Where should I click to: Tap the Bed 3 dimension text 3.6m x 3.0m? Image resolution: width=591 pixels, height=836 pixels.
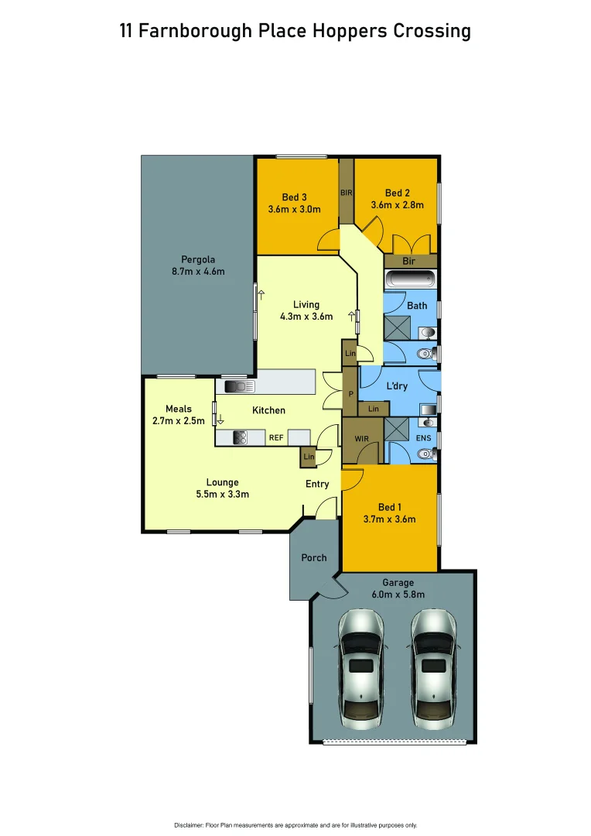pos(294,209)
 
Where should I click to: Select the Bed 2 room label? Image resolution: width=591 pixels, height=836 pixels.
pos(397,193)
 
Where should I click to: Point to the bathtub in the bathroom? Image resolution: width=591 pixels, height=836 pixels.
pos(410,279)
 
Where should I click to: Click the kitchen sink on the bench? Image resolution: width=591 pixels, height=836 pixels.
pos(240,385)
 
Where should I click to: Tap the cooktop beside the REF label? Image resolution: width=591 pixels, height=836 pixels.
pos(240,437)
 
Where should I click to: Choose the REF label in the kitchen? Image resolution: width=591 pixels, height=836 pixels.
pos(276,438)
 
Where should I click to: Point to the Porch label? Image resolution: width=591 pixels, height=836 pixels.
pos(313,557)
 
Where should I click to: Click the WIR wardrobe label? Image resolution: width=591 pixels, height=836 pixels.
pos(362,439)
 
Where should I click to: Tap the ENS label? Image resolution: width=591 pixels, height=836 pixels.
pos(424,439)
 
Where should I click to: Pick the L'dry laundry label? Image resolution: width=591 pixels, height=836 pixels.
pos(397,385)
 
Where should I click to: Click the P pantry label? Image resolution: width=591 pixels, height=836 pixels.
pos(350,393)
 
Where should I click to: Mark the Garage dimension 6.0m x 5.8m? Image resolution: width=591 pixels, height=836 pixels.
pos(398,594)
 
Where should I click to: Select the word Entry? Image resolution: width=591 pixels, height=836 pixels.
pos(317,484)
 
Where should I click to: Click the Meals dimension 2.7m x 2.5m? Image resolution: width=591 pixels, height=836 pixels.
pos(179,421)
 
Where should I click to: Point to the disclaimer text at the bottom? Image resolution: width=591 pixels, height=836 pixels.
pos(295,824)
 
